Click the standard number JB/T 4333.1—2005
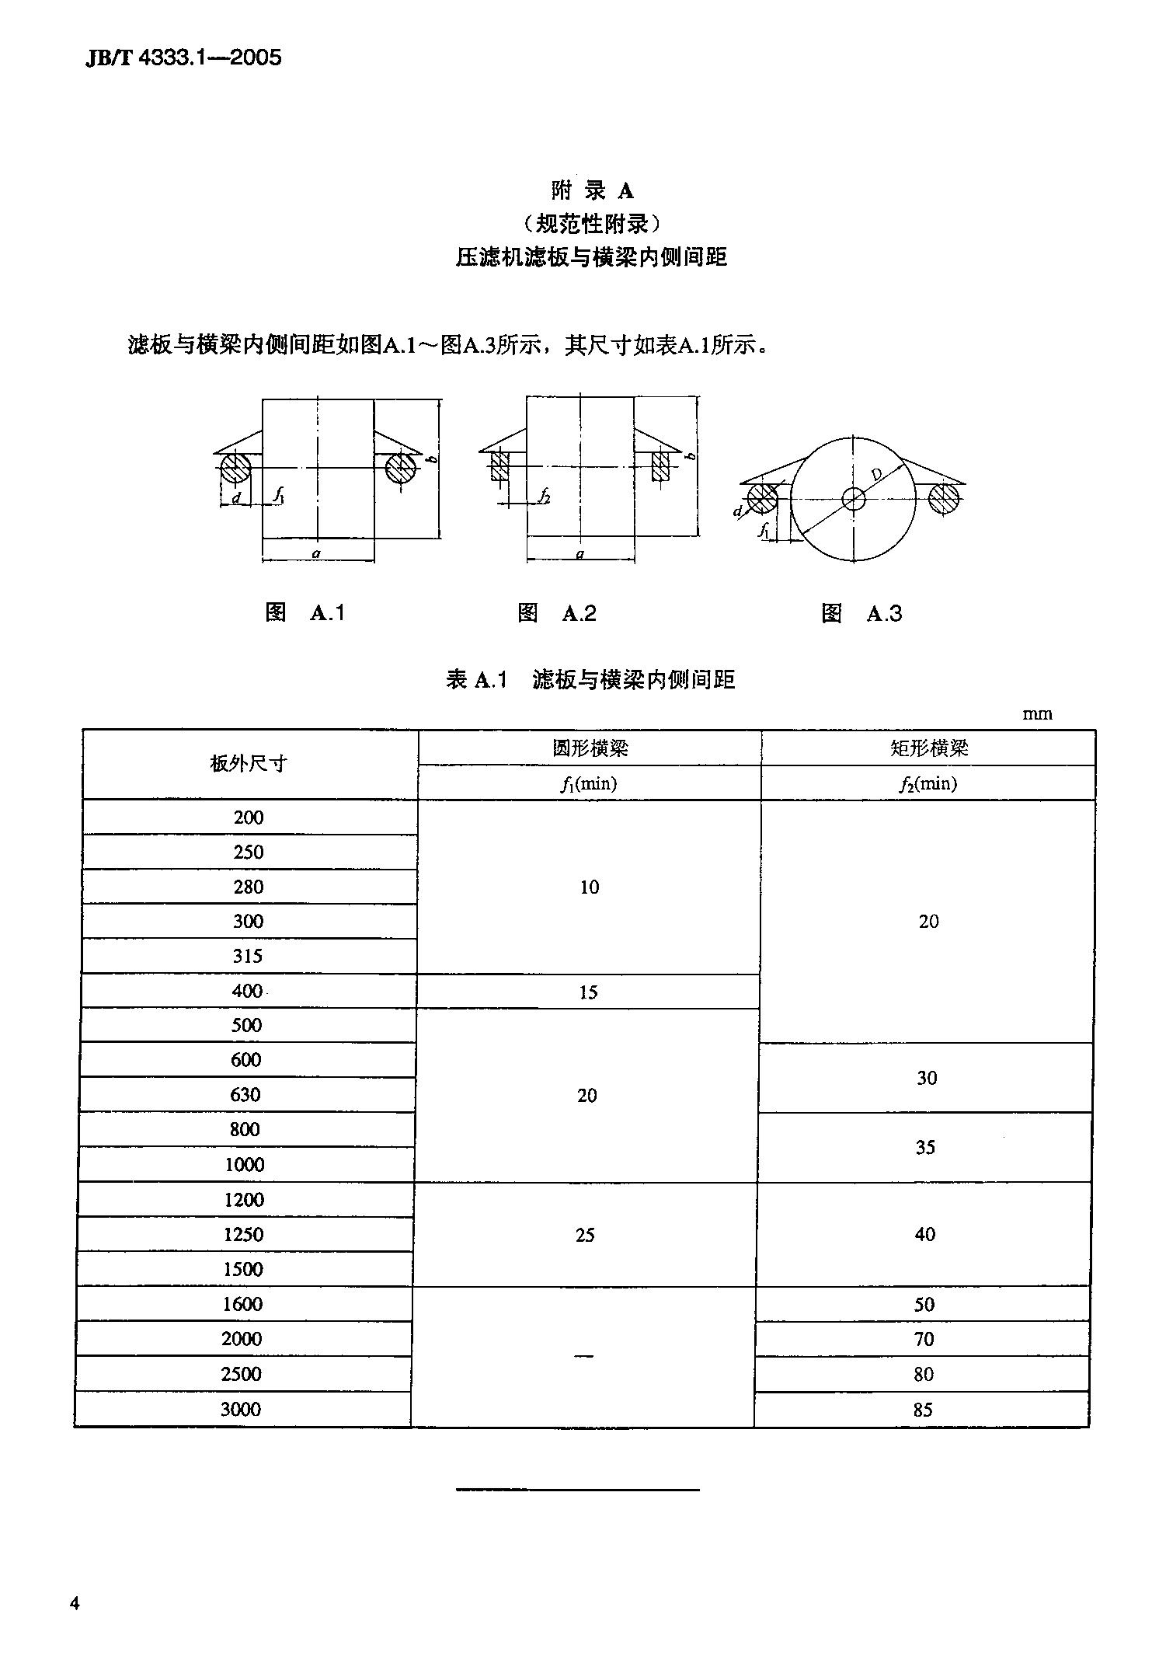[183, 58]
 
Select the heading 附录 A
[592, 190]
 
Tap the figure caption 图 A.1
[305, 612]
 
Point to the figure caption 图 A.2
[556, 613]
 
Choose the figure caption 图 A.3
[861, 614]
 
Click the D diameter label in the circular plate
[876, 474]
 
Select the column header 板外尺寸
[249, 764]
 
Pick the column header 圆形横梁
[589, 748]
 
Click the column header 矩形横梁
[928, 748]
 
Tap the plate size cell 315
[248, 956]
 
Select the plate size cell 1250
[244, 1234]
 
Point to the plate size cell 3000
[241, 1409]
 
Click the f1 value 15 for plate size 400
[588, 992]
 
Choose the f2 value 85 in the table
[923, 1410]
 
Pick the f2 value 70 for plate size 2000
[924, 1339]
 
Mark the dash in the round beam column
[583, 1356]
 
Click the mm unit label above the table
[1037, 713]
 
